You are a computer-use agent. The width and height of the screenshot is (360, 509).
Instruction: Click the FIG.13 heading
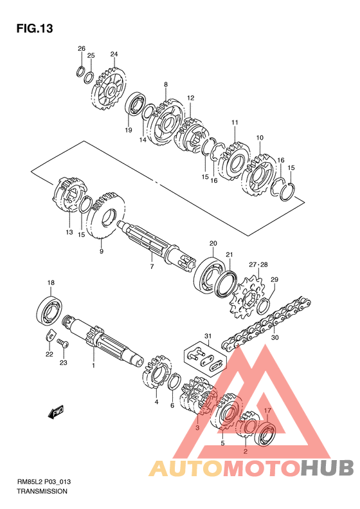click(x=35, y=28)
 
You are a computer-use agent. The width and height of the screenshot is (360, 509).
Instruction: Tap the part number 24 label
click(x=114, y=54)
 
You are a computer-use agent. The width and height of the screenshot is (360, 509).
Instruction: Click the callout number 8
click(x=166, y=84)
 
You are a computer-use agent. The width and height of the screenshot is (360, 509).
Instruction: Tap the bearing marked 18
click(x=50, y=310)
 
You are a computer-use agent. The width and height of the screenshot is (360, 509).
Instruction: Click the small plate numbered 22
click(x=50, y=335)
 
